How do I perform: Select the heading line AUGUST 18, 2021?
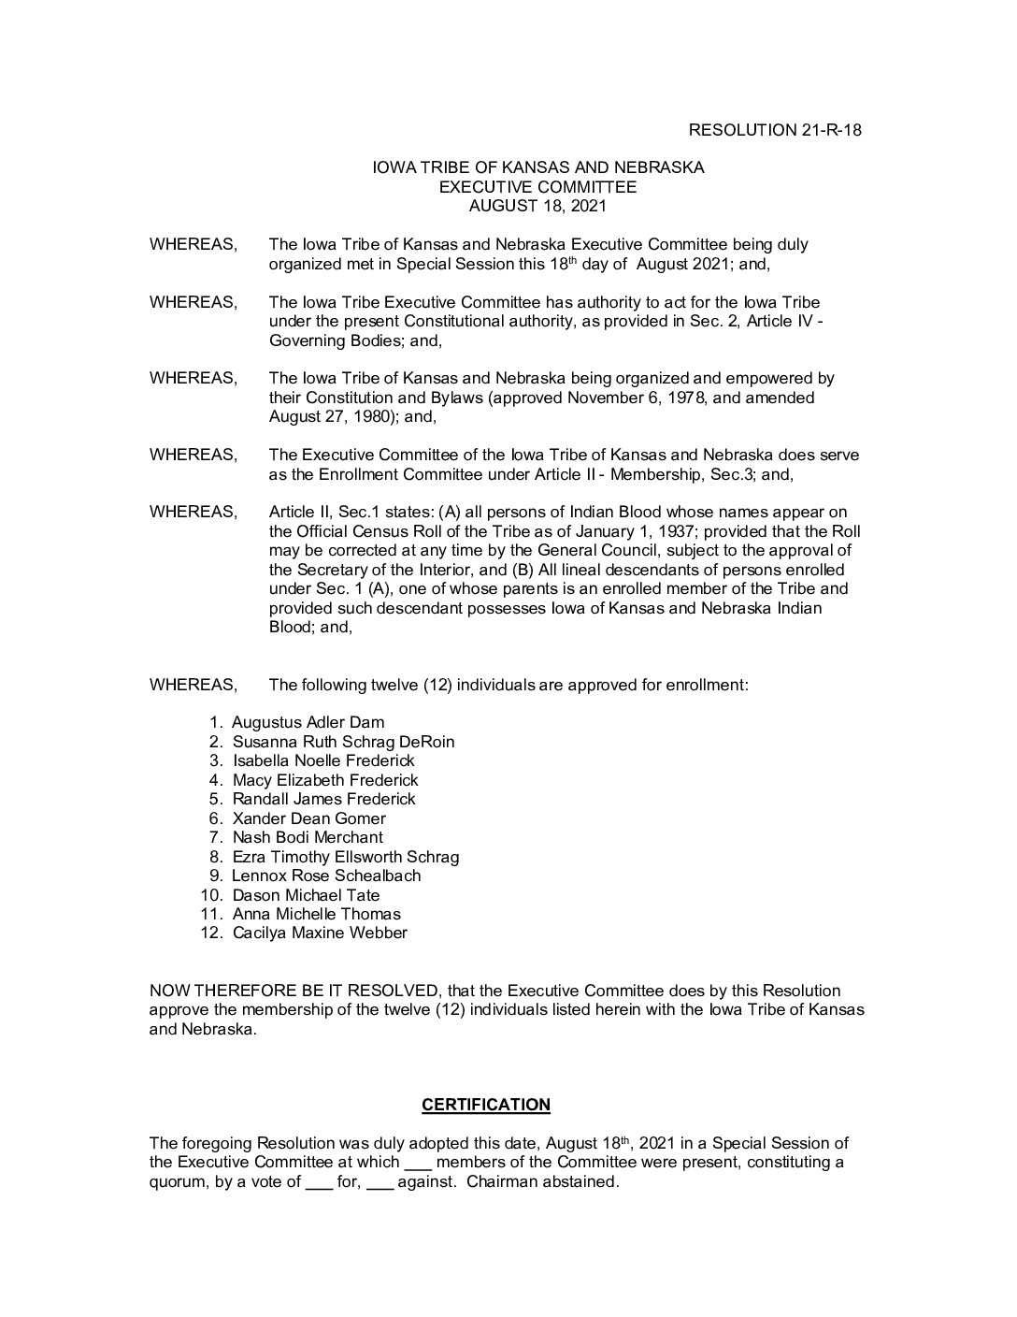point(537,206)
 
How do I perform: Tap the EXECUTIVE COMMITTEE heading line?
point(537,187)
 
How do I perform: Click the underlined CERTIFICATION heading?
point(486,1105)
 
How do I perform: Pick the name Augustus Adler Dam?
point(308,722)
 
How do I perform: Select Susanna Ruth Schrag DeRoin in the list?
point(343,742)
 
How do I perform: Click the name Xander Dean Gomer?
point(308,818)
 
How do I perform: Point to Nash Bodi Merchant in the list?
point(308,837)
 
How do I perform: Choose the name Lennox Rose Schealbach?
point(326,876)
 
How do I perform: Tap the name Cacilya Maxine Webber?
point(320,933)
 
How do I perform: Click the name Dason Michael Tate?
point(306,895)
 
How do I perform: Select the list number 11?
point(210,914)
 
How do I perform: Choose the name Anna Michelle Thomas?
point(316,914)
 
